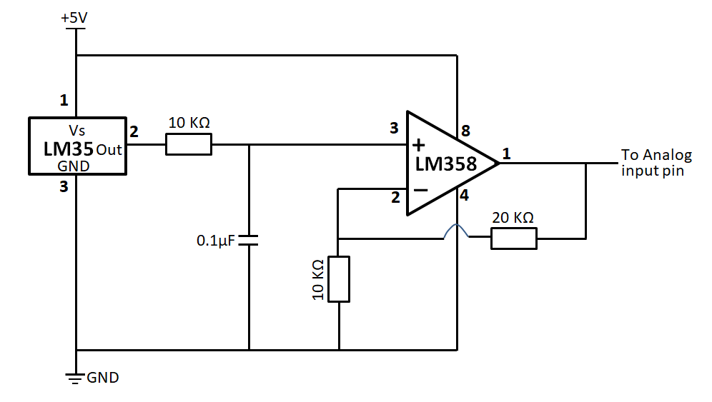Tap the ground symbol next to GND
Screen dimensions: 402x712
75,378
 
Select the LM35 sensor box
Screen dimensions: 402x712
76,146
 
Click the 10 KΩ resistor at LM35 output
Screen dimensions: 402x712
189,145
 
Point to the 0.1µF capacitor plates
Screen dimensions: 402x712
249,241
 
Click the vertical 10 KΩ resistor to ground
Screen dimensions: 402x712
339,278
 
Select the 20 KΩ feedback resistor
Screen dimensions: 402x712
513,238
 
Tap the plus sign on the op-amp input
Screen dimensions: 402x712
418,145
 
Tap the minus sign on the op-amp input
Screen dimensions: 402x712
421,191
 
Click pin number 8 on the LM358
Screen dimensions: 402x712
465,131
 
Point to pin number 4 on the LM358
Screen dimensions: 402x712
464,196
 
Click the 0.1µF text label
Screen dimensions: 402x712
215,241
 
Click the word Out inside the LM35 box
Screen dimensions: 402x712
109,151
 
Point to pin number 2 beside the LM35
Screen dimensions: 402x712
133,131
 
